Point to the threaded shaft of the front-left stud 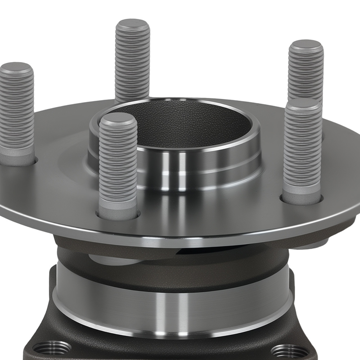118,162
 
